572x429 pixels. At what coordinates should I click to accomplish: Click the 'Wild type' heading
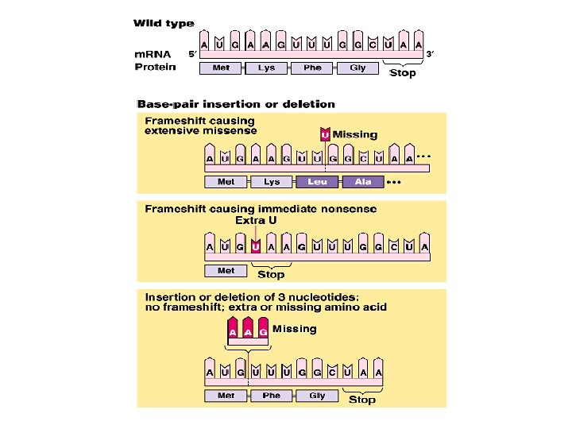164,24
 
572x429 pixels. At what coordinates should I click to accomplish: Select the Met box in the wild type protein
221,68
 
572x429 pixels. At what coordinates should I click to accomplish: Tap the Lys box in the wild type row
266,68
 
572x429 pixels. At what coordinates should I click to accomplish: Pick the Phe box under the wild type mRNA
312,68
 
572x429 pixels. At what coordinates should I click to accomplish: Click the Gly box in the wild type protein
357,68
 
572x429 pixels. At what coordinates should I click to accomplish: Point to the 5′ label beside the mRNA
191,55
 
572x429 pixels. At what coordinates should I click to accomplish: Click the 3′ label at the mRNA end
430,54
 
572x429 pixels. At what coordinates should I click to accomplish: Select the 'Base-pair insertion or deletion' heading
236,104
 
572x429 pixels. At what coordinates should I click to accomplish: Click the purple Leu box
317,182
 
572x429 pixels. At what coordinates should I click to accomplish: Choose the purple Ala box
362,182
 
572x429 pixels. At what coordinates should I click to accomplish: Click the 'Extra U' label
256,220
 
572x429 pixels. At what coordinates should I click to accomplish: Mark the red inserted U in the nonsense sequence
256,245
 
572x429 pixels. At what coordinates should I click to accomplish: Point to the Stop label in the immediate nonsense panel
271,275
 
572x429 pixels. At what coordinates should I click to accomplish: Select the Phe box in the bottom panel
272,396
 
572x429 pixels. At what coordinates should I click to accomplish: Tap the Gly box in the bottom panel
317,396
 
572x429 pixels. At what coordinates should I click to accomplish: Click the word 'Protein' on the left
155,67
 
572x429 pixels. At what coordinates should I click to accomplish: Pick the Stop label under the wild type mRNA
401,74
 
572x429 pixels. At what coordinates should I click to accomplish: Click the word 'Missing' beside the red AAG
294,329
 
